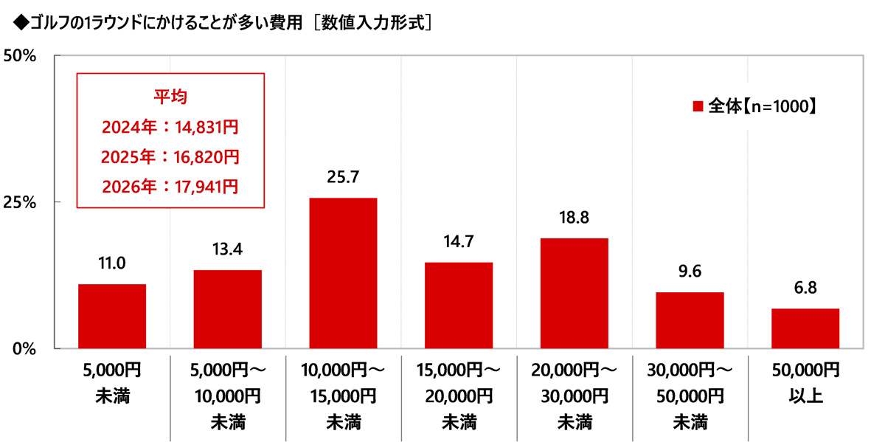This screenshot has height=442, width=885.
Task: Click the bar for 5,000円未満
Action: (x=112, y=316)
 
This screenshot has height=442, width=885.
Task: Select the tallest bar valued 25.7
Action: (x=343, y=273)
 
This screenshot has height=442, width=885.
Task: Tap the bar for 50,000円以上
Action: (x=805, y=328)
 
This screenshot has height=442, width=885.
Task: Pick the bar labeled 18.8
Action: (x=575, y=293)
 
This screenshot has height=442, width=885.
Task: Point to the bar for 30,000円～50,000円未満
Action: (x=690, y=320)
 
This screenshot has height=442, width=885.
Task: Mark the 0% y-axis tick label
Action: (x=25, y=348)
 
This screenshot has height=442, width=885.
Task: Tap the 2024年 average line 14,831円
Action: (x=170, y=128)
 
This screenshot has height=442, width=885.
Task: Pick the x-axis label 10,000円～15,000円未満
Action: (x=343, y=395)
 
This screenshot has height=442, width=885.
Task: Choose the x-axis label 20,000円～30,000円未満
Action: (x=575, y=395)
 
